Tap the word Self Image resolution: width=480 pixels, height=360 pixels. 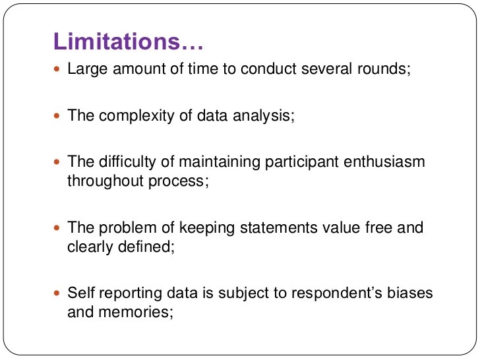78,293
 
